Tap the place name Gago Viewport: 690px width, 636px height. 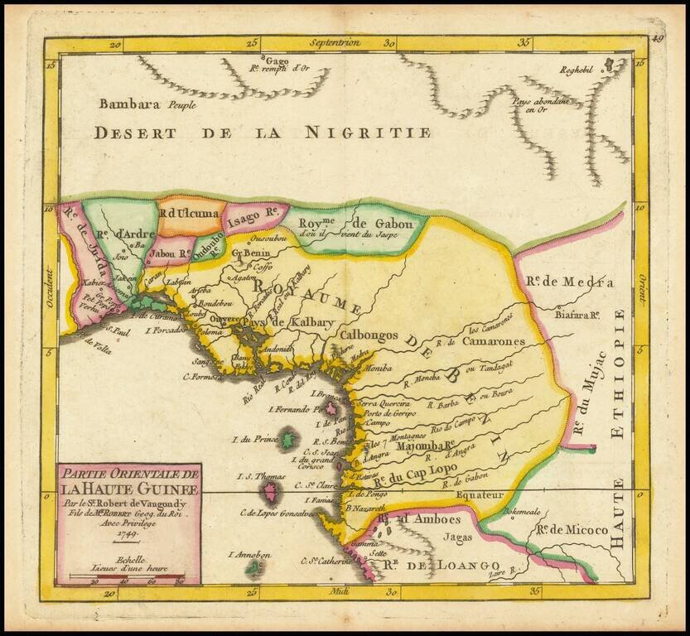click(277, 60)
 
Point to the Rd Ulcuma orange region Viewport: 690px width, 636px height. click(190, 214)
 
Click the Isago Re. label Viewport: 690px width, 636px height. click(252, 214)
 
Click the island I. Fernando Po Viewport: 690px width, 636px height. click(331, 408)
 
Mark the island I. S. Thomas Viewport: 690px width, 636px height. click(269, 494)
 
